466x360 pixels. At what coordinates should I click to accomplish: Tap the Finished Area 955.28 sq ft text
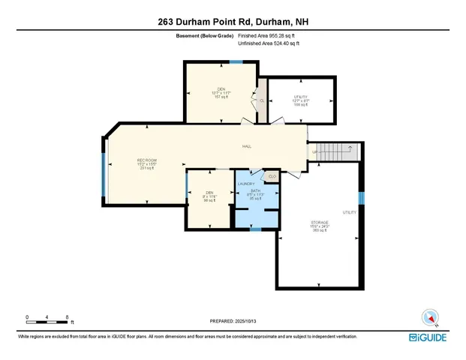(x=269, y=34)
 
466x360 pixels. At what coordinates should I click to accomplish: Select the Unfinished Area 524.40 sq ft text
(x=269, y=43)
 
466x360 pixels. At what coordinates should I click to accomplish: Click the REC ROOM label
(x=146, y=160)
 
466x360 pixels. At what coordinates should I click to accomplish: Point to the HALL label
(x=246, y=146)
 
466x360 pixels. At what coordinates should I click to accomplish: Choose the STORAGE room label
(x=320, y=223)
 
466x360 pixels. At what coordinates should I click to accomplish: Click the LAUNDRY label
(x=246, y=184)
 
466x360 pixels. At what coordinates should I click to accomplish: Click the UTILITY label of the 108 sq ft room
(x=300, y=96)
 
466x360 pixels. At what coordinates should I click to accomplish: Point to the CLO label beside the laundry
(x=271, y=176)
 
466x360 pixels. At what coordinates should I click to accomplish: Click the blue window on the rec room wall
(x=104, y=173)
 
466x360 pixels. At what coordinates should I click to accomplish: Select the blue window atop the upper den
(x=236, y=62)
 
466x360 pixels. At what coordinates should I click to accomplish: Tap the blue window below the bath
(x=256, y=229)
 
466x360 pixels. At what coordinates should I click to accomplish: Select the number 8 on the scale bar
(x=68, y=317)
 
